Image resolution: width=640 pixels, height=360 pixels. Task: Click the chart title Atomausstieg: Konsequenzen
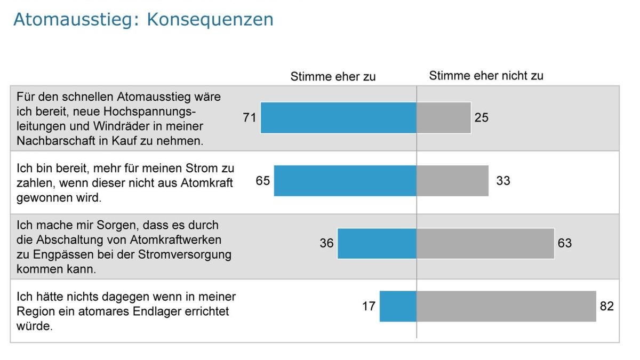tap(143, 19)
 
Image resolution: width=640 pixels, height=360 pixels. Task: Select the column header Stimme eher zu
tap(333, 77)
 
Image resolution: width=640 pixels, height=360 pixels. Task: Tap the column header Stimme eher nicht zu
tap(486, 76)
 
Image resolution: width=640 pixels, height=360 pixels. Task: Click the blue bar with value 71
tap(339, 118)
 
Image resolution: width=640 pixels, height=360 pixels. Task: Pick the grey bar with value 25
tap(444, 118)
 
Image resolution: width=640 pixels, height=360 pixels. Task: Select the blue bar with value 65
tap(345, 181)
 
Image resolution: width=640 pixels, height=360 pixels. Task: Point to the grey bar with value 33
tap(452, 181)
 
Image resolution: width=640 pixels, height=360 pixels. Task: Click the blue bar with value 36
tap(377, 244)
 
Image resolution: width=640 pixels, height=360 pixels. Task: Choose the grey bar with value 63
tap(485, 244)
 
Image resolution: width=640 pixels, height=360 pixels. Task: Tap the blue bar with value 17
tap(398, 307)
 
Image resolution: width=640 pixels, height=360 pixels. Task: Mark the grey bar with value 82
tap(506, 307)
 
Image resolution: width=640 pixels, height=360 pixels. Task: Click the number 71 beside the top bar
tap(250, 118)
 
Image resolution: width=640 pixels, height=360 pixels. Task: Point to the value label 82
tap(607, 307)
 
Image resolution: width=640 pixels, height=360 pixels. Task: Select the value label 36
tap(326, 243)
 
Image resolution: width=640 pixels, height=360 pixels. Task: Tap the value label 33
tap(503, 181)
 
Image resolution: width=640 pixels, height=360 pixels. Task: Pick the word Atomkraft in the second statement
tap(207, 183)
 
